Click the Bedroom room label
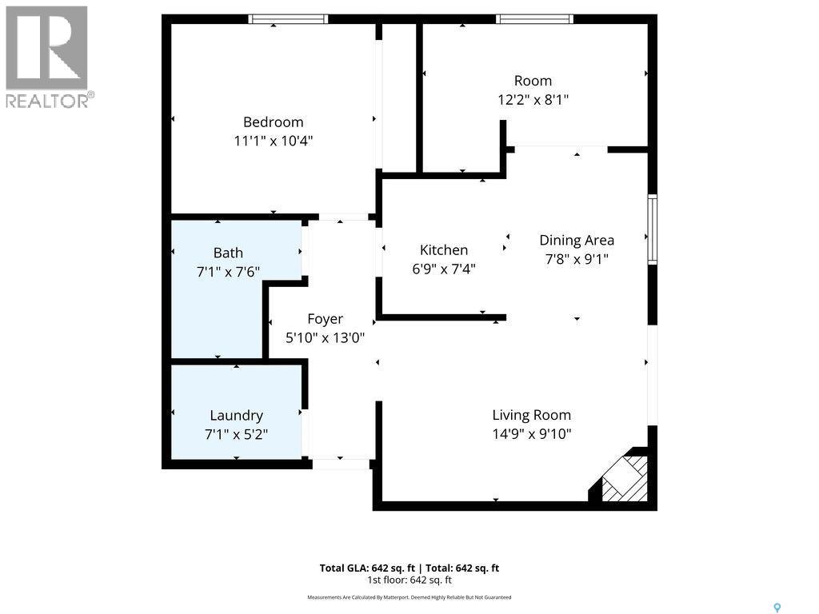pyautogui.click(x=273, y=122)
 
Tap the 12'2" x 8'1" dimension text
pyautogui.click(x=533, y=100)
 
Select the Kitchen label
pyautogui.click(x=444, y=250)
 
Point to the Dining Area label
pyautogui.click(x=576, y=240)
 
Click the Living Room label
pyautogui.click(x=531, y=415)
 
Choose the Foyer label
pyautogui.click(x=325, y=319)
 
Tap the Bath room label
pyautogui.click(x=228, y=253)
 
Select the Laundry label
pyautogui.click(x=236, y=416)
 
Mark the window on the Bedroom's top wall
pyautogui.click(x=288, y=19)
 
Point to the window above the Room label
pyautogui.click(x=534, y=19)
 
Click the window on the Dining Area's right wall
pyautogui.click(x=653, y=229)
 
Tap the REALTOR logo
pyautogui.click(x=47, y=57)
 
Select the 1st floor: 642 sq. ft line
pyautogui.click(x=409, y=580)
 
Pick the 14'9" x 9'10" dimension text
pyautogui.click(x=531, y=434)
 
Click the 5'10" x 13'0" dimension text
pyautogui.click(x=325, y=338)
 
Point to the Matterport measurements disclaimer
pyautogui.click(x=409, y=597)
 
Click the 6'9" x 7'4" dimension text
pyautogui.click(x=444, y=269)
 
